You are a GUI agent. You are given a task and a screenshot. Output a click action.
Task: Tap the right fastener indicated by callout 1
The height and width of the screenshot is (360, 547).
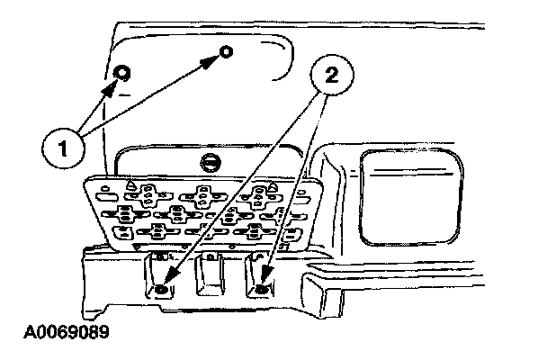tap(227, 52)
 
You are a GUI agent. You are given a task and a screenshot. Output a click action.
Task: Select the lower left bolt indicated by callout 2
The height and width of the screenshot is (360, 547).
tap(160, 289)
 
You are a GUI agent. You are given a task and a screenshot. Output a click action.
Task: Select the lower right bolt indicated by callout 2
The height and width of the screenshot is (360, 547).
tap(263, 289)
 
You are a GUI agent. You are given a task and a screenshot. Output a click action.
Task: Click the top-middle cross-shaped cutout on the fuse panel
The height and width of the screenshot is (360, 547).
tap(202, 193)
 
